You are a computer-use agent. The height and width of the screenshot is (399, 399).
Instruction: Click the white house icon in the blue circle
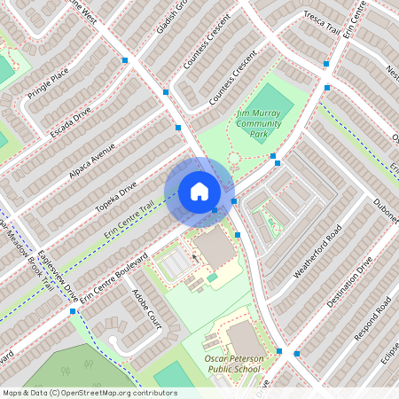tap(199, 192)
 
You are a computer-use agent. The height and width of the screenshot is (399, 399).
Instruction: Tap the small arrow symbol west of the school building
tap(195, 259)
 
